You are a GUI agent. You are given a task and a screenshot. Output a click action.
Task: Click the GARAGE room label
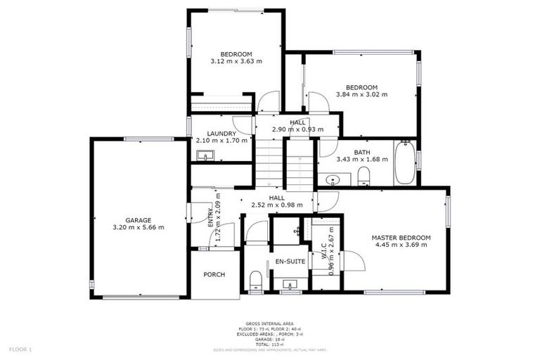point(138,220)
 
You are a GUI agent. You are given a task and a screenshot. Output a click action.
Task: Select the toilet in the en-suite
point(255,282)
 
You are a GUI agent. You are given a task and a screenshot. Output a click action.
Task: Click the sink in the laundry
point(205,155)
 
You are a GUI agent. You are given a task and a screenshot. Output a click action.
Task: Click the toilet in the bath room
point(364,175)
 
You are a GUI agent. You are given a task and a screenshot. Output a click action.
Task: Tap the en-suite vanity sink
point(289,285)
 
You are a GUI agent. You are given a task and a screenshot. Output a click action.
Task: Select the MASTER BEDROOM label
point(401,238)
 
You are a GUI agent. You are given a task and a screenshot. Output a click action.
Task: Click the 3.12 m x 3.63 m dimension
point(236,62)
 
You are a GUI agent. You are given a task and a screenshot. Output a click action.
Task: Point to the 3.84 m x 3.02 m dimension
point(361,94)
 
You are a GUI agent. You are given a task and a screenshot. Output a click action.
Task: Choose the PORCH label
point(214,274)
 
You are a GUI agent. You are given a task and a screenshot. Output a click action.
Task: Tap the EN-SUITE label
point(288,262)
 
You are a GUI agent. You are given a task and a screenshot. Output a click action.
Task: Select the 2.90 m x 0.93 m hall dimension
point(297,130)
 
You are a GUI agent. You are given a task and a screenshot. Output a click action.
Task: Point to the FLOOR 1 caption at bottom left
point(20,349)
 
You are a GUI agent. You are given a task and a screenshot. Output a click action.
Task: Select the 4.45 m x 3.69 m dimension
point(401,245)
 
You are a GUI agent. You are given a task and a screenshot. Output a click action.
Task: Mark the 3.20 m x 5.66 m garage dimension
point(138,228)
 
